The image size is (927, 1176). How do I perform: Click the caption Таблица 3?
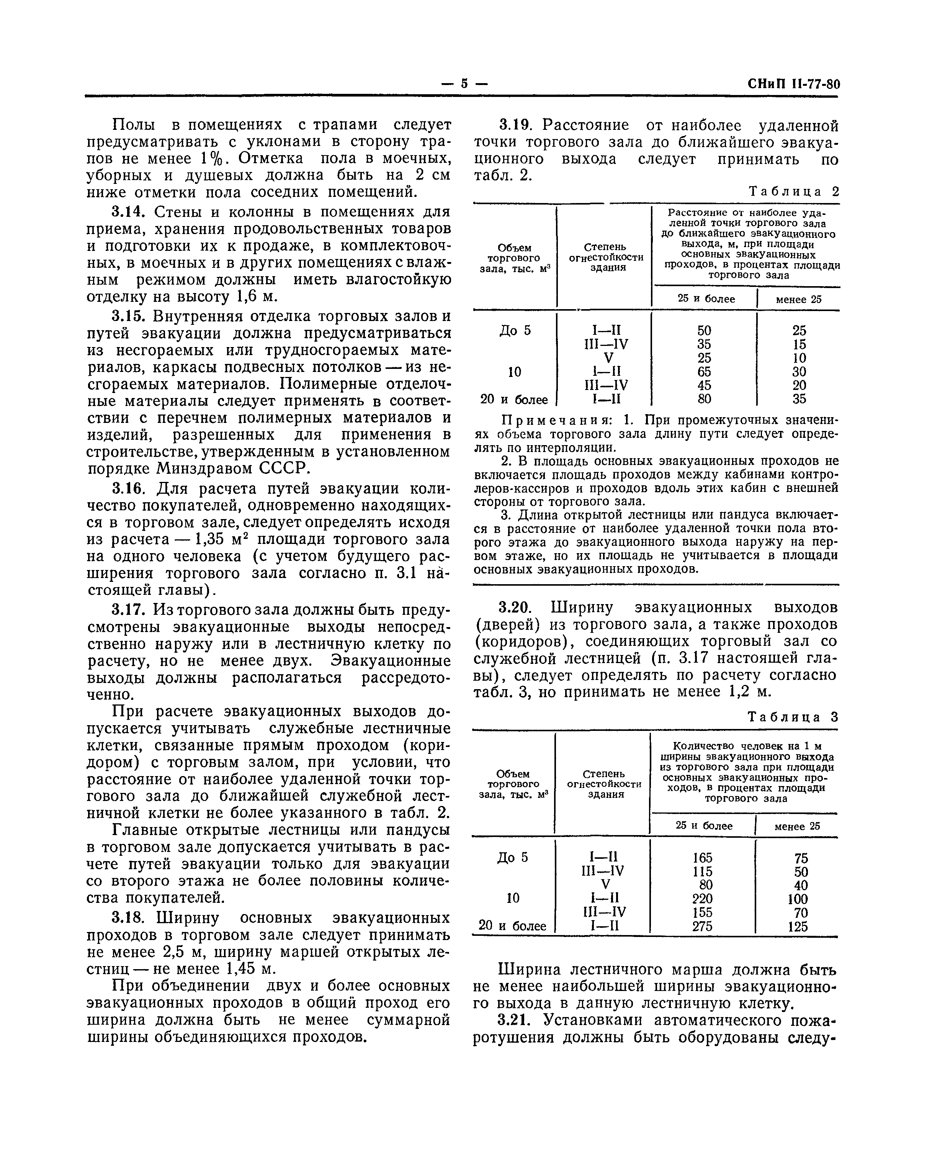point(793,717)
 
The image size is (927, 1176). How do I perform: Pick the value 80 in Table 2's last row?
point(704,399)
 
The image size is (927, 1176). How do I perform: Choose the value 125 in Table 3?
point(798,926)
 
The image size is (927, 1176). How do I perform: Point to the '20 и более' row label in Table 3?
point(512,926)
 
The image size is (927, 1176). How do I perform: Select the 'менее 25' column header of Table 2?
point(798,299)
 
